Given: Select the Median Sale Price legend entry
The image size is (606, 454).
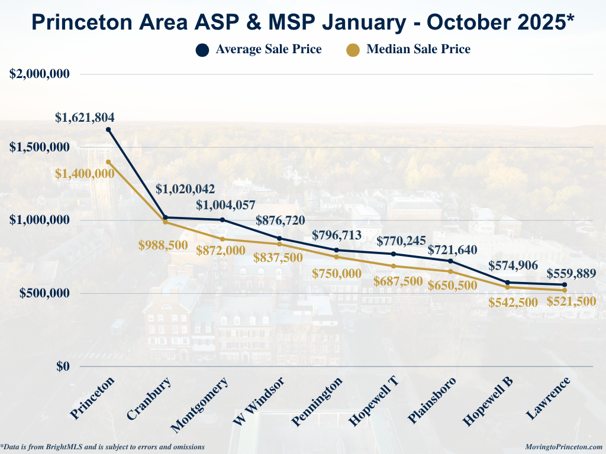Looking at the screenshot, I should point(408,49).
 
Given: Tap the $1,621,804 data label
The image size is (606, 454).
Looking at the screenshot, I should point(85,117).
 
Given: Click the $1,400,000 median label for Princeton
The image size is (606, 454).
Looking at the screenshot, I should point(85,173).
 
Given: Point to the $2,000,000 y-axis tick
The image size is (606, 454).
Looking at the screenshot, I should point(40,74).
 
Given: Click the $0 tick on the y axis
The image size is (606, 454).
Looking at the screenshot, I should point(63,367).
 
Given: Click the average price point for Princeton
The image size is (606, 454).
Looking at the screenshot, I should point(108,129).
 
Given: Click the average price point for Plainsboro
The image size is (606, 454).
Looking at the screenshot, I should point(450,261).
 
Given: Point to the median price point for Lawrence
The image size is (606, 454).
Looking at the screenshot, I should point(565,290).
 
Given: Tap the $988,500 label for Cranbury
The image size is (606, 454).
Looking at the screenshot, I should point(163,245).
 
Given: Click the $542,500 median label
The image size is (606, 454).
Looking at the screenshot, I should point(513,302).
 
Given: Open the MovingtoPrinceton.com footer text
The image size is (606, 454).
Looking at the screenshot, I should point(563,447).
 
